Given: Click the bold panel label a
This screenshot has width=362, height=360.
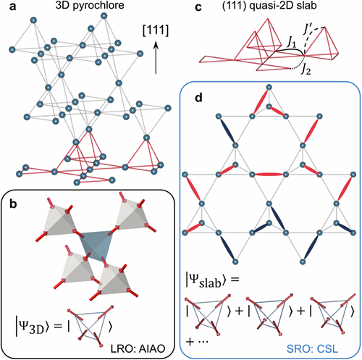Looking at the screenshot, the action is tap(12, 7).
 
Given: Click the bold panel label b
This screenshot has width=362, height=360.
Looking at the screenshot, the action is tap(13, 204).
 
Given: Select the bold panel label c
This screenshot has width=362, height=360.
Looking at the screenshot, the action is tap(198, 7).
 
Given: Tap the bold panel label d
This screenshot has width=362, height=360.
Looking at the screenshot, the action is tap(198, 98).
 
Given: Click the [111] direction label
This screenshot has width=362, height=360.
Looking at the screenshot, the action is tap(156, 30).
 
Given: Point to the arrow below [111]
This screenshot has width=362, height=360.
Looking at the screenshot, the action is tap(156, 57).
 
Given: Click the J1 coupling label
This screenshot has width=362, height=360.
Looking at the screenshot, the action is tap(291, 42).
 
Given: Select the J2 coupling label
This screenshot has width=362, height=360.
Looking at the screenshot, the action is tap(306, 70).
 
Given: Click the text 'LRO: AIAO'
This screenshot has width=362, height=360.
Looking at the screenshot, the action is tap(138, 348).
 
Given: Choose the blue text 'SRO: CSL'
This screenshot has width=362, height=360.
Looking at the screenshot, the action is tap(312, 348).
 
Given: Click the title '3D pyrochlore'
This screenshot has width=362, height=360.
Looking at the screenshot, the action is tap(90, 6).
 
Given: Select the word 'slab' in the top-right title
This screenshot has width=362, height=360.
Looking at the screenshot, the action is tap(307, 6).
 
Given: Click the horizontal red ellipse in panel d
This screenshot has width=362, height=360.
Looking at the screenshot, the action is tap(269, 175).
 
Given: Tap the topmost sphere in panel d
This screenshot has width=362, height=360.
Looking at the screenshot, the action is tap(269, 87).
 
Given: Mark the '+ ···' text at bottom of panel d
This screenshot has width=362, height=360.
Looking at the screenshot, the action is tap(197, 341).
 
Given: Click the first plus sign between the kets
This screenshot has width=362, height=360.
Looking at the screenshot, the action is tap(239, 311).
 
